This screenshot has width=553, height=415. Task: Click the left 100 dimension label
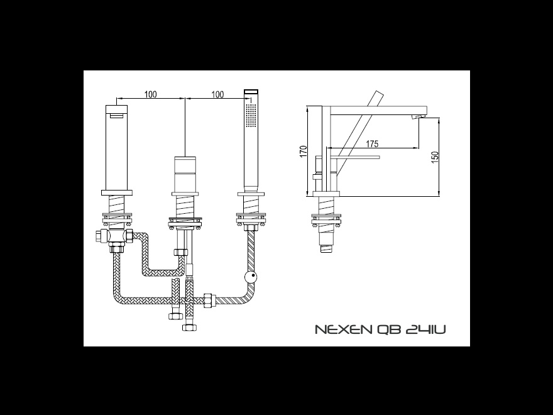(151, 94)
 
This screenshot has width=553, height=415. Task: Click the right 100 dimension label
(217, 94)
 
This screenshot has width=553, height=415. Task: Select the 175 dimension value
(372, 143)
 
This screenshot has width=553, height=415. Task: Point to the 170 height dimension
(304, 152)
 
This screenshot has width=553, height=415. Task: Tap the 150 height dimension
(435, 157)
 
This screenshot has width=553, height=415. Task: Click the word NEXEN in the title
(343, 329)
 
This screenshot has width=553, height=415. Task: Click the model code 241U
(425, 329)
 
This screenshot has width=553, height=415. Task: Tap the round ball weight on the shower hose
(251, 277)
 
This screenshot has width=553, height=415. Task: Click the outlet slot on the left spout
(116, 116)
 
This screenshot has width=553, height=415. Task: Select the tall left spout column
(117, 148)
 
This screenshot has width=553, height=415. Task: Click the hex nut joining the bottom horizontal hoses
(210, 301)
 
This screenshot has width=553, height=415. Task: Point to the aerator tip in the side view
(419, 117)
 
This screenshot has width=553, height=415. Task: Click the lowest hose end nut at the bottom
(189, 327)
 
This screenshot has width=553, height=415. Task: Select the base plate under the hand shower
(251, 194)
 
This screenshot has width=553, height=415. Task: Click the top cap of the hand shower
(251, 92)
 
